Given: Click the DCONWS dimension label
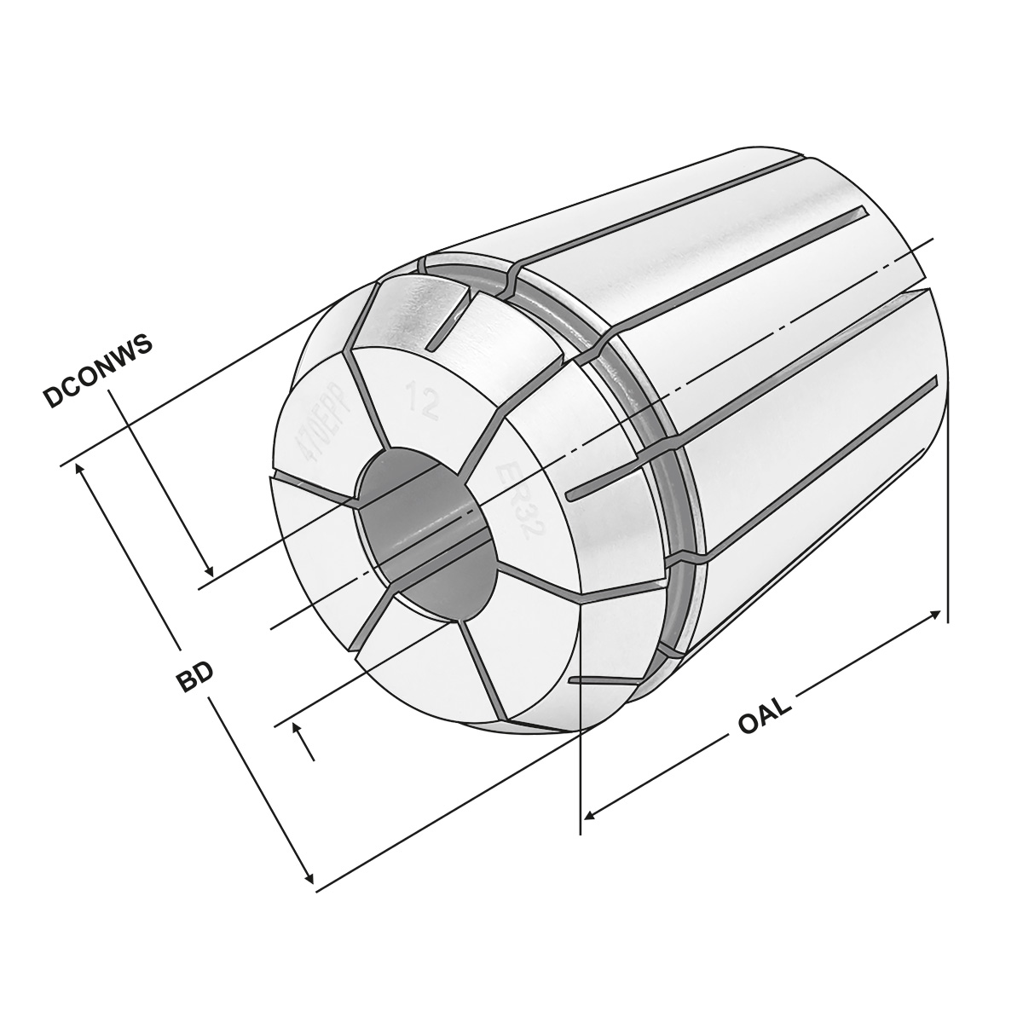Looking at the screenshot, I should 99,370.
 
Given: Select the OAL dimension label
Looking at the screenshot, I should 765,714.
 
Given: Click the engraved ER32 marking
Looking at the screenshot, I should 520,500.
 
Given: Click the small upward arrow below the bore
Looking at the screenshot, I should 298,730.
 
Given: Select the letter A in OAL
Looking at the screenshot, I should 765,714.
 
